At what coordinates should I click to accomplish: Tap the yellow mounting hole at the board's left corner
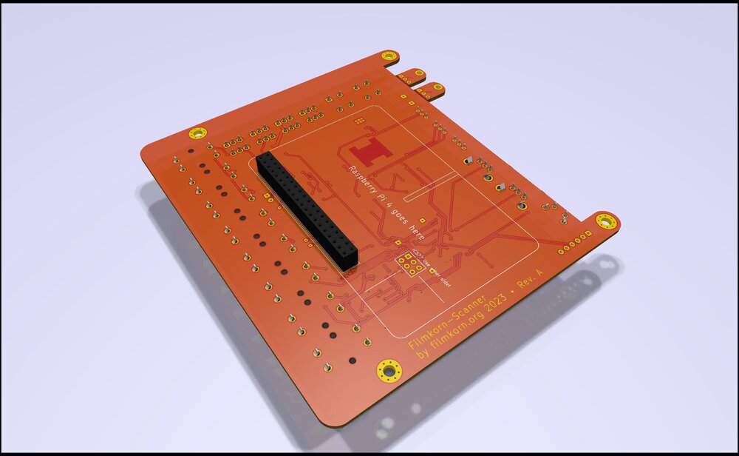(x=197, y=133)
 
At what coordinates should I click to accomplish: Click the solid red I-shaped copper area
(x=369, y=151)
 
